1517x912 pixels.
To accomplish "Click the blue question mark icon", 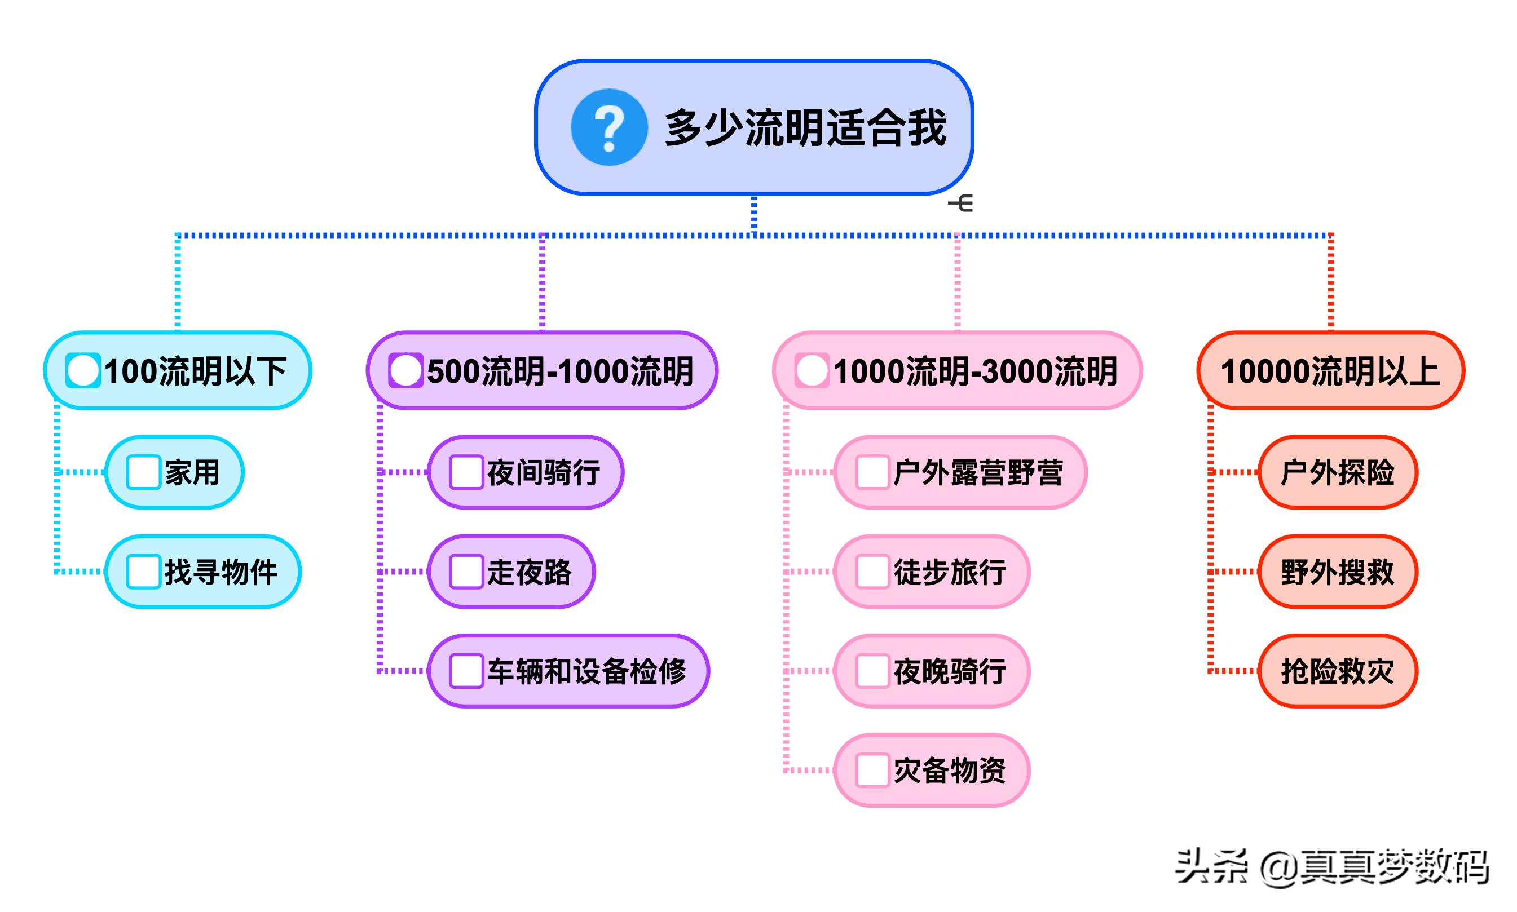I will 608,127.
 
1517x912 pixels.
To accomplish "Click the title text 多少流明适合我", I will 805,128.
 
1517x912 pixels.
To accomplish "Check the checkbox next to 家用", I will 143,472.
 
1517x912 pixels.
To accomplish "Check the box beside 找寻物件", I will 143,572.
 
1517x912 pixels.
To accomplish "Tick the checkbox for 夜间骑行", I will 466,472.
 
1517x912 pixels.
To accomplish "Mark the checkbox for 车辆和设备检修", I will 466,671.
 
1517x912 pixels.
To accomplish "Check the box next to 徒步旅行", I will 872,572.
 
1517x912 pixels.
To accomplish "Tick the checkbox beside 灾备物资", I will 872,770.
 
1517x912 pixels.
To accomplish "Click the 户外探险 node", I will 1338,472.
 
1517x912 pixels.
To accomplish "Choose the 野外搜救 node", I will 1338,572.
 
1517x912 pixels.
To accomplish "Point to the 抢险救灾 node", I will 1338,671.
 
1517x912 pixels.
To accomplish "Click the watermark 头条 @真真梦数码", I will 1331,866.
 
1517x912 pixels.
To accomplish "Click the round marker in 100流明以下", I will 82,370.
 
